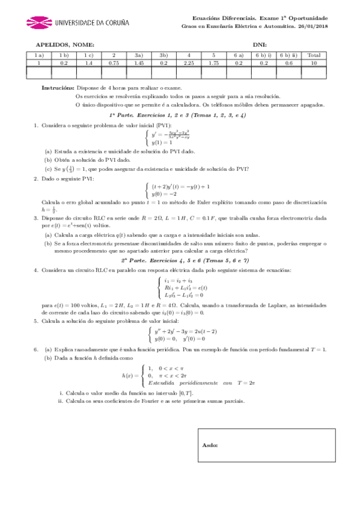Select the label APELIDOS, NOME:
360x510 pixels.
[x=65, y=45]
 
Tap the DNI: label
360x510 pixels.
[x=260, y=45]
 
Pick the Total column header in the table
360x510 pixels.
[x=314, y=55]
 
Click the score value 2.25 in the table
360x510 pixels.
[x=189, y=63]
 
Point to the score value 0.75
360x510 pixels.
[x=114, y=63]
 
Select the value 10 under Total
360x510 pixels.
[x=314, y=63]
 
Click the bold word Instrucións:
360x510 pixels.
[x=58, y=87]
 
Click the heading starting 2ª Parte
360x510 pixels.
[x=185, y=260]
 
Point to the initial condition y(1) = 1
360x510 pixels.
[x=162, y=143]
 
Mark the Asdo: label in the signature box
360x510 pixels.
[x=210, y=446]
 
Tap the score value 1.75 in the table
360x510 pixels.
[x=213, y=63]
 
